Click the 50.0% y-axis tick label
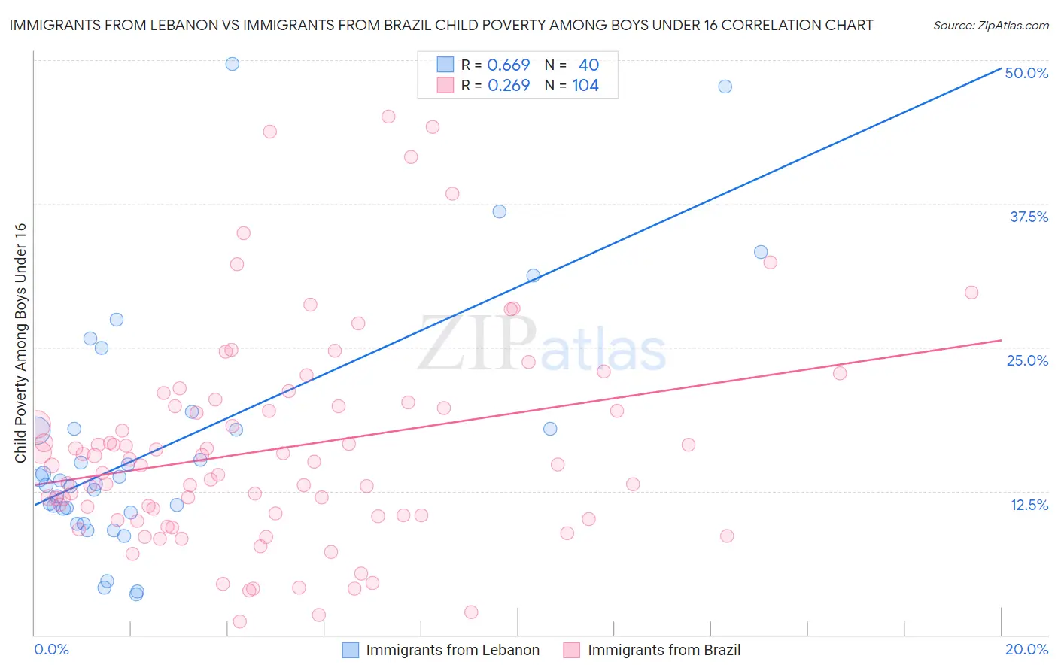coord(1026,73)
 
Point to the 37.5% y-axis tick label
coord(1029,217)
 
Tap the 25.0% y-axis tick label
coord(1027,360)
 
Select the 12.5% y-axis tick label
coord(1029,505)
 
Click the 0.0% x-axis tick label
coord(51,649)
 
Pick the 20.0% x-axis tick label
coord(1026,649)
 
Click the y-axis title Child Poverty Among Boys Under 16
coord(21,343)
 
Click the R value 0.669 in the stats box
coord(509,65)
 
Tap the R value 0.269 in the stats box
coord(509,86)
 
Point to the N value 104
coord(585,86)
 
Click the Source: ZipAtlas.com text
coord(990,26)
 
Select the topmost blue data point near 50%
coord(233,64)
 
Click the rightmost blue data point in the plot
coord(761,252)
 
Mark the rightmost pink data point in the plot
coord(971,293)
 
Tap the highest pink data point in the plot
coord(388,117)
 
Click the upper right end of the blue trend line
coord(1001,67)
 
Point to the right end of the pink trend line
coord(1001,340)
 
